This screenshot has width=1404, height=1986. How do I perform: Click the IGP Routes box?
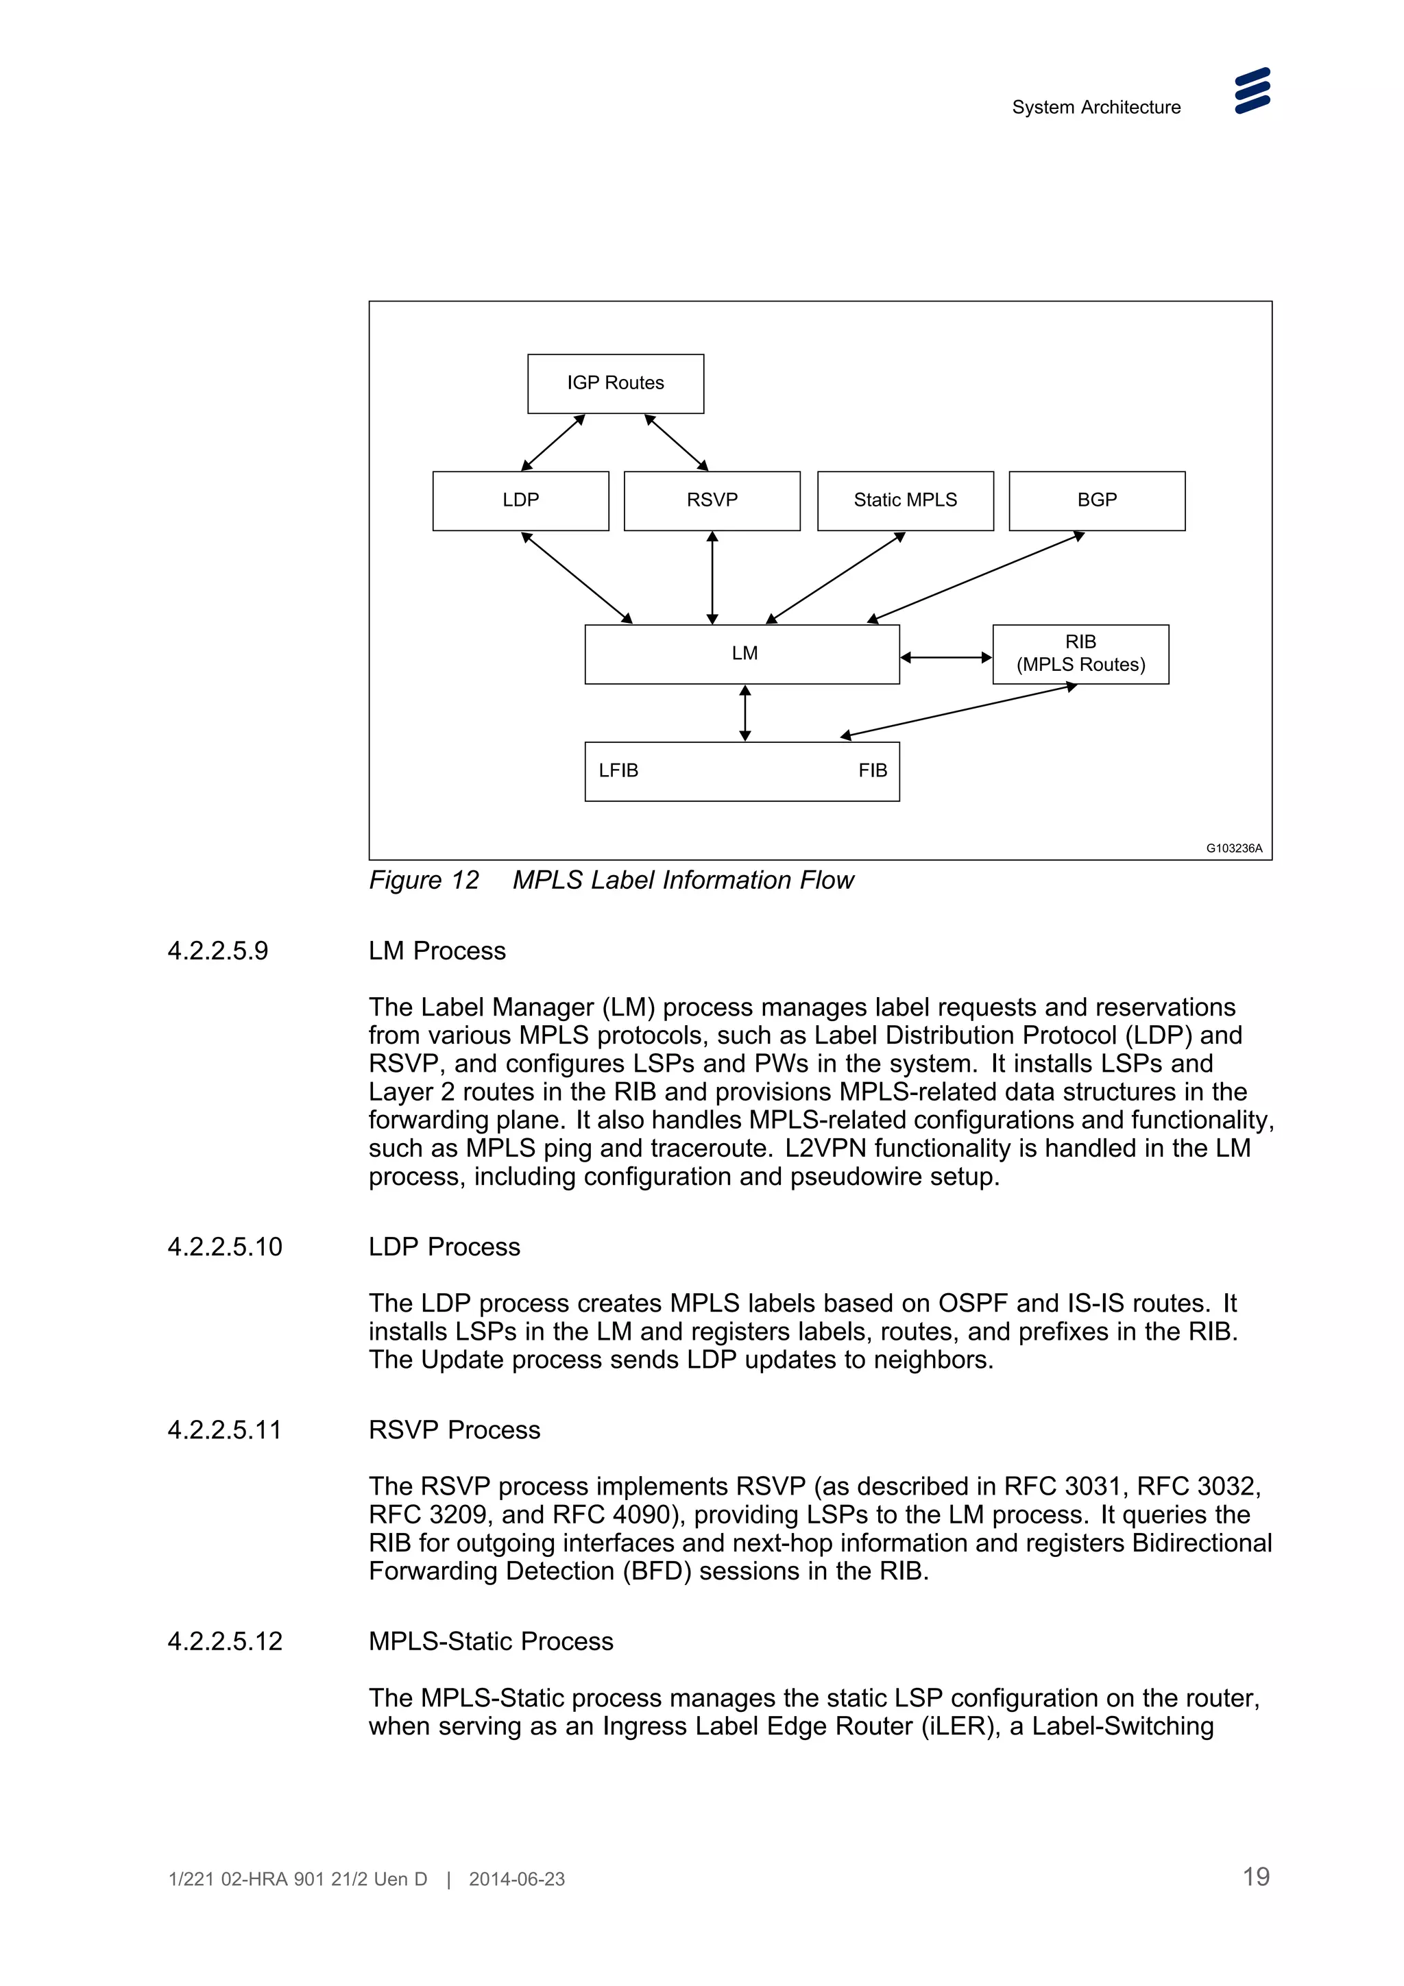(x=615, y=383)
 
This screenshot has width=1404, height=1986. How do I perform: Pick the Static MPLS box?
(x=905, y=500)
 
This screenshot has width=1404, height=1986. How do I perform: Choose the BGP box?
(x=1096, y=500)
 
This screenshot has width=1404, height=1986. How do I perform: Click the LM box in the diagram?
(x=742, y=654)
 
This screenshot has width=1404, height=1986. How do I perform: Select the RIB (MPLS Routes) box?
(x=1080, y=654)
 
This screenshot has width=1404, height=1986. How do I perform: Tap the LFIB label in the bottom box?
(x=618, y=771)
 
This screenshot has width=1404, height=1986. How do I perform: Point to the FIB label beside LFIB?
(x=872, y=771)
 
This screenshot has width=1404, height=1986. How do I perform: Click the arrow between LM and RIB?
(x=945, y=657)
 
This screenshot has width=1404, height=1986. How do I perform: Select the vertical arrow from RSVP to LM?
(x=712, y=577)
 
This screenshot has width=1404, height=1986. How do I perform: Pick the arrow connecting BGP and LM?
(x=976, y=577)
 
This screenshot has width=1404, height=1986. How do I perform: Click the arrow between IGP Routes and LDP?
(x=553, y=443)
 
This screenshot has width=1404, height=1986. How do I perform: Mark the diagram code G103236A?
(x=1233, y=848)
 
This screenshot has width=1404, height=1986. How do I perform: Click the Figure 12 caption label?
(x=424, y=881)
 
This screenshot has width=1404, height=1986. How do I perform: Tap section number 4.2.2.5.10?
(x=225, y=1247)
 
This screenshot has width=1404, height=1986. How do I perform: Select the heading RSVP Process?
(x=454, y=1430)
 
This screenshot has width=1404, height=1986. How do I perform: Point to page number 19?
(x=1255, y=1876)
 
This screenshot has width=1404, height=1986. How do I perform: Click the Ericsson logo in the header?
(x=1252, y=91)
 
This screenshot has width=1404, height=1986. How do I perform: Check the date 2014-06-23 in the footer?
(x=516, y=1878)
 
